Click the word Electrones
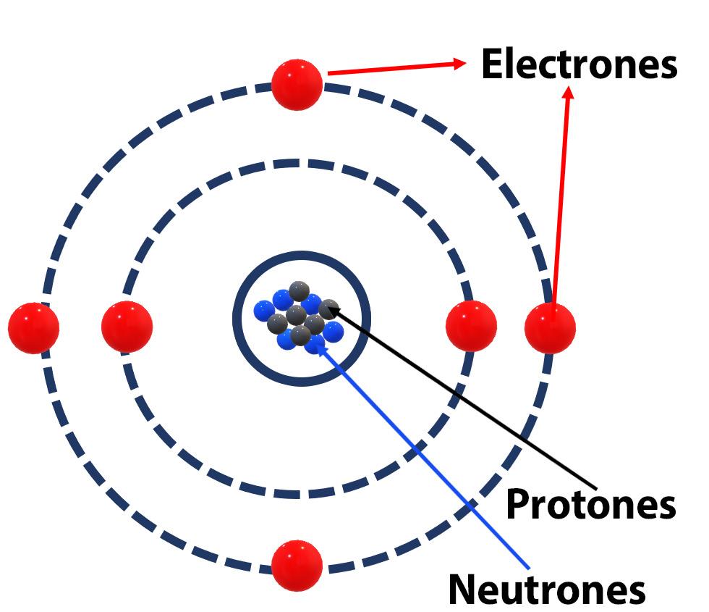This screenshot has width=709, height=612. point(579,65)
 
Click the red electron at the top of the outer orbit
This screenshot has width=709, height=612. point(297,85)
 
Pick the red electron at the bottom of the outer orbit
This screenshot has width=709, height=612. point(297,565)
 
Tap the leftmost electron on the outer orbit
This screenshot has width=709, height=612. point(33,328)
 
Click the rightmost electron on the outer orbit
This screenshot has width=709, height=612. point(550,328)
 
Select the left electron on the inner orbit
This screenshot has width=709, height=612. point(127,327)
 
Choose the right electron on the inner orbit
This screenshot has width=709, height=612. point(471,326)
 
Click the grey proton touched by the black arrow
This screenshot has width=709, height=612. point(328,309)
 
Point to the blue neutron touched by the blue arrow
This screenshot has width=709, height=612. point(315,343)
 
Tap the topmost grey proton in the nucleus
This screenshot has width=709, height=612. point(299,291)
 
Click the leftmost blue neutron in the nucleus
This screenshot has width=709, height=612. point(264,311)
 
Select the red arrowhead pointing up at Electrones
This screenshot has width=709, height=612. point(569,93)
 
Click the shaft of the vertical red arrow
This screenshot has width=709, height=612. point(561,203)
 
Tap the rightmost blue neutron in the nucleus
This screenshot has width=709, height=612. point(333,332)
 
